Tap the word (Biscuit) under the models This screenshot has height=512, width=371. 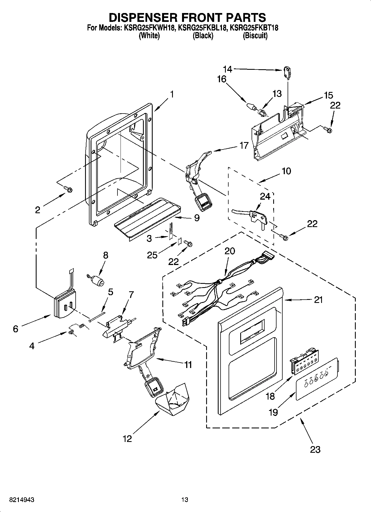(x=255, y=36)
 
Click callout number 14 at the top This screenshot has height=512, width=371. (x=228, y=69)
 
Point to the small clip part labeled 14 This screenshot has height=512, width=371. (x=287, y=71)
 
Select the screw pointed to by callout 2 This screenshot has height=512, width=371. (x=68, y=189)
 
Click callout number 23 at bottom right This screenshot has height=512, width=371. (x=315, y=449)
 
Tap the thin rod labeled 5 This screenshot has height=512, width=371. (x=97, y=317)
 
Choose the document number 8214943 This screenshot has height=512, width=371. (x=18, y=500)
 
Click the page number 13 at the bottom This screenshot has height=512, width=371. (x=185, y=500)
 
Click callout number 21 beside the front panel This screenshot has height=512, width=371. (x=318, y=300)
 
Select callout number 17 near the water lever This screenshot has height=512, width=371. (x=244, y=145)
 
